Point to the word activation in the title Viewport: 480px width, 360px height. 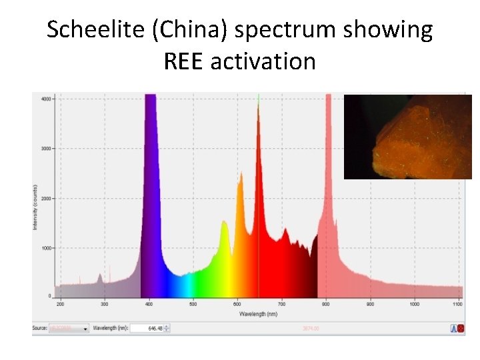pyautogui.click(x=263, y=61)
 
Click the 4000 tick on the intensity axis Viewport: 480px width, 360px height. pyautogui.click(x=46, y=99)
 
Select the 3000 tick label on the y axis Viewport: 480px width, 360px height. pyautogui.click(x=46, y=149)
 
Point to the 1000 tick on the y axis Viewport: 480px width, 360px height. pyautogui.click(x=46, y=248)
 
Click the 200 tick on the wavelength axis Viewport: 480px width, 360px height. pyautogui.click(x=60, y=304)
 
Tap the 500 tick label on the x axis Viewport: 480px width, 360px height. pyautogui.click(x=193, y=304)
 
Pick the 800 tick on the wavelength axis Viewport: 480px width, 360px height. pyautogui.click(x=326, y=304)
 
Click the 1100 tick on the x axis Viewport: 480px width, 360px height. pyautogui.click(x=458, y=304)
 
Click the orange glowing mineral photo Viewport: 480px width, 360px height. pyautogui.click(x=407, y=137)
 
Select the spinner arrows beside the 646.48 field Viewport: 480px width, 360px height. pyautogui.click(x=167, y=328)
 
